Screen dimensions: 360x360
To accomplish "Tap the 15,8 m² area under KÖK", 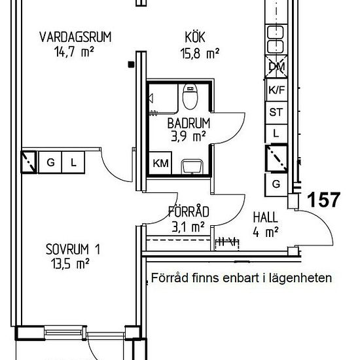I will click(x=199, y=54).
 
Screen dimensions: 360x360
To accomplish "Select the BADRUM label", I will click(x=188, y=123).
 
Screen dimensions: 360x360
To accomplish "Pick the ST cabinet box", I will click(x=276, y=112).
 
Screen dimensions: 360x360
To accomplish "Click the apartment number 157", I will click(x=323, y=200).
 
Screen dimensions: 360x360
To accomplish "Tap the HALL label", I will click(x=265, y=217).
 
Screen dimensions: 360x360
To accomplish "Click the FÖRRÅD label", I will click(x=189, y=212).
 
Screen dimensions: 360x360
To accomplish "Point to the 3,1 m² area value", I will click(x=189, y=226).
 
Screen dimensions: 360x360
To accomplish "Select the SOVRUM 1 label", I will click(x=73, y=249).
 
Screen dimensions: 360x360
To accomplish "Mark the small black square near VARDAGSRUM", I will click(x=132, y=64).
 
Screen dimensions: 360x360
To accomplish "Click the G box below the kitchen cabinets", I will click(x=276, y=184).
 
